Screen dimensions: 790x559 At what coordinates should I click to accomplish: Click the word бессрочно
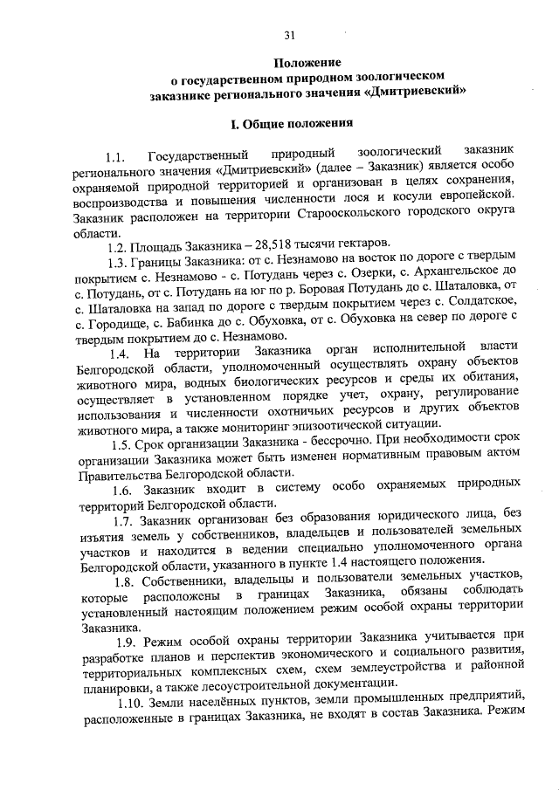(x=314, y=445)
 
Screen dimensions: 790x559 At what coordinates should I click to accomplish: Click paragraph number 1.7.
(x=124, y=523)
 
